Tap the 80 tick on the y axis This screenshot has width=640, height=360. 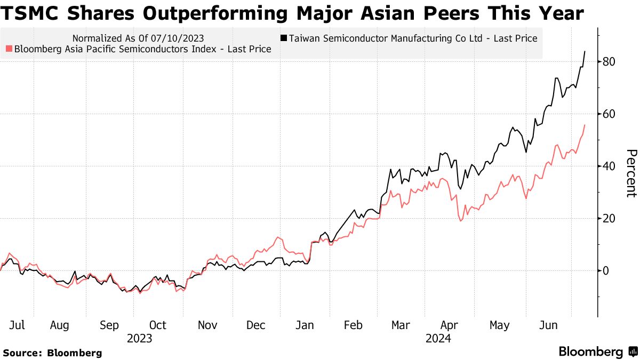[x=610, y=62]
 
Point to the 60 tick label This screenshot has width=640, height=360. [x=610, y=114]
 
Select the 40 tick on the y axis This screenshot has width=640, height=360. [x=610, y=166]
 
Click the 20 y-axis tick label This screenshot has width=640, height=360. [x=610, y=219]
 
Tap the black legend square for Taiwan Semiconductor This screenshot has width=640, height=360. [x=284, y=38]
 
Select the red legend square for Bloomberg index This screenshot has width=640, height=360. [x=8, y=49]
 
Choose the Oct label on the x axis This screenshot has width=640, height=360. [x=158, y=325]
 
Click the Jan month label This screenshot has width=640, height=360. [x=305, y=325]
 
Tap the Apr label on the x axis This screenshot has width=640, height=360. [x=450, y=325]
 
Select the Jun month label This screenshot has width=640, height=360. [x=549, y=325]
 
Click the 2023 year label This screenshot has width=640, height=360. [x=140, y=338]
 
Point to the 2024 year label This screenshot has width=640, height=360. [x=438, y=338]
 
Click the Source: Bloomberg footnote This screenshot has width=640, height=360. [x=52, y=353]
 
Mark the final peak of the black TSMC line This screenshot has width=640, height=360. [x=585, y=51]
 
